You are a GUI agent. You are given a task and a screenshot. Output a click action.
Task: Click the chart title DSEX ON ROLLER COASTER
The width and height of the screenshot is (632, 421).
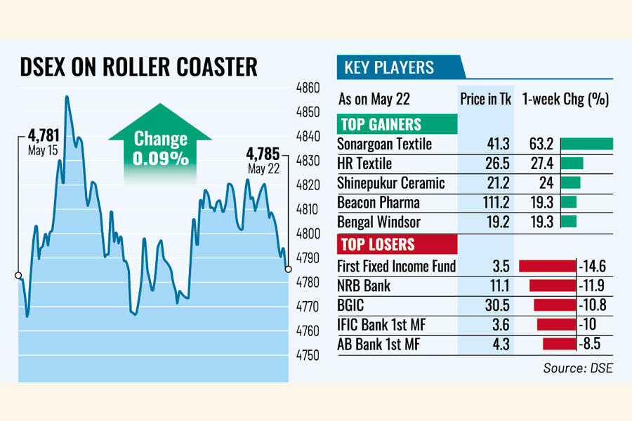tap(138, 67)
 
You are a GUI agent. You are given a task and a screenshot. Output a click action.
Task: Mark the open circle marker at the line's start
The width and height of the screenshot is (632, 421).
tap(18, 276)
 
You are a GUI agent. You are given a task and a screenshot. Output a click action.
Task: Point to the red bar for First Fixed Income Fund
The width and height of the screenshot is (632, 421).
tap(546, 266)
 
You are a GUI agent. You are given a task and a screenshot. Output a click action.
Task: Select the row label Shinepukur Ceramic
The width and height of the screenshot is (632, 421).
tap(391, 183)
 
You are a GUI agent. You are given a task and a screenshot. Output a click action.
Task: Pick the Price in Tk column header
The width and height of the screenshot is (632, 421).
tap(486, 99)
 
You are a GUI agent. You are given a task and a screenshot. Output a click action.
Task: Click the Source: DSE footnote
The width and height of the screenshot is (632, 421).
tap(577, 368)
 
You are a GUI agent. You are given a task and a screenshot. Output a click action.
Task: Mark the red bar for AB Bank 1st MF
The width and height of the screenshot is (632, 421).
tap(559, 345)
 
